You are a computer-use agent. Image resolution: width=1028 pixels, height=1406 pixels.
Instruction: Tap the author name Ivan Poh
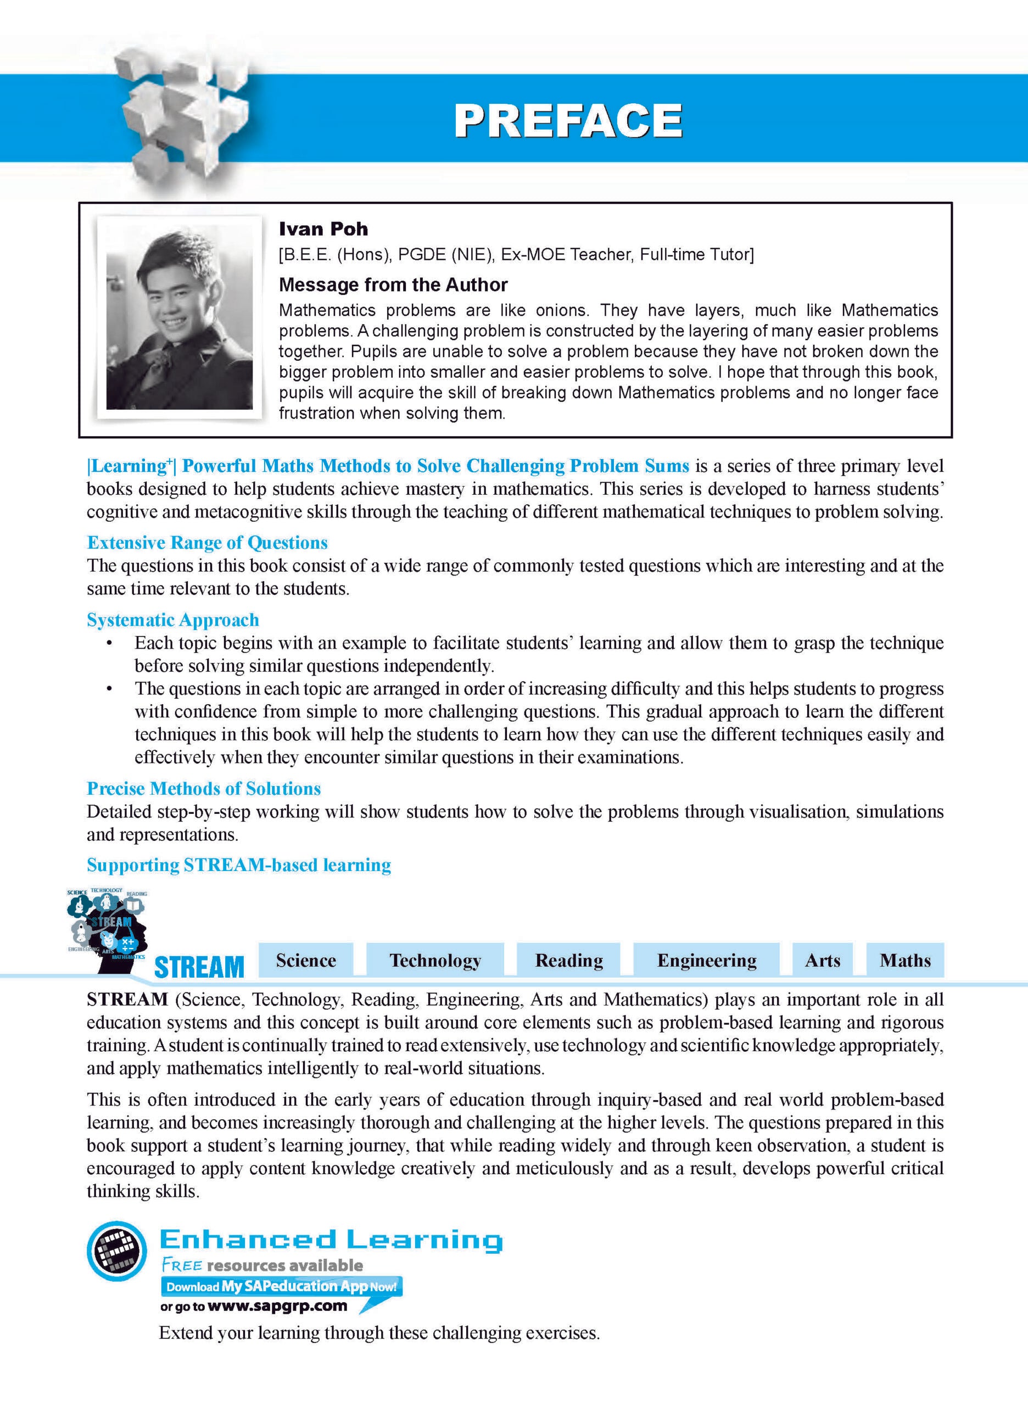click(x=323, y=229)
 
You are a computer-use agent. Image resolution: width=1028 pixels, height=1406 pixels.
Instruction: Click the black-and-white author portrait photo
click(x=179, y=319)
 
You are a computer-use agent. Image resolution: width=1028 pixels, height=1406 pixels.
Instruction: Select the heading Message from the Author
click(x=393, y=285)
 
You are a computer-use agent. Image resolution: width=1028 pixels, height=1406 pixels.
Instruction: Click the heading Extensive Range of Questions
click(x=207, y=543)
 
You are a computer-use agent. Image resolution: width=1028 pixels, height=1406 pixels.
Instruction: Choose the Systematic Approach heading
click(x=173, y=620)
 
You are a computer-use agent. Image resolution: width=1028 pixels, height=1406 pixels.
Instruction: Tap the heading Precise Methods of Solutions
click(x=204, y=789)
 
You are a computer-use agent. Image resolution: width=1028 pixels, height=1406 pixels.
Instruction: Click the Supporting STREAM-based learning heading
click(x=239, y=865)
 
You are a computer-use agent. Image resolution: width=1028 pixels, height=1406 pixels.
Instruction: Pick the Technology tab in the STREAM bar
click(x=435, y=961)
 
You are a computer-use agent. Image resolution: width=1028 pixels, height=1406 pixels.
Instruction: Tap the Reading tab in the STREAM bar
click(x=569, y=961)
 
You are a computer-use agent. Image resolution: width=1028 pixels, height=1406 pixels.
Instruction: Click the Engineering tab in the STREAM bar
click(x=706, y=961)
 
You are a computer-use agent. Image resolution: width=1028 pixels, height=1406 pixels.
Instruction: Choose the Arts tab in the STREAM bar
click(x=822, y=961)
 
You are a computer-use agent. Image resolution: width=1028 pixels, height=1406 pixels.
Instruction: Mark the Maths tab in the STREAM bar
click(x=905, y=961)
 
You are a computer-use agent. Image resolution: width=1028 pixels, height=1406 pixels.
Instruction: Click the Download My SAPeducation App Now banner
click(x=281, y=1286)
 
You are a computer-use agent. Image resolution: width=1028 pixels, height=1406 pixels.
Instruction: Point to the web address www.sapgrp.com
click(x=277, y=1307)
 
